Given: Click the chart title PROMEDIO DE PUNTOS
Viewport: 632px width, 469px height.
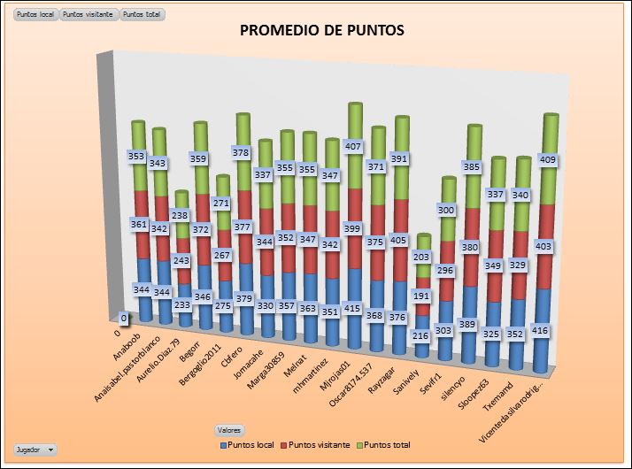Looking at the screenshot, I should coord(322,31).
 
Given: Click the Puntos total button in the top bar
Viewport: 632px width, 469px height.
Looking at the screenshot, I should coord(142,16).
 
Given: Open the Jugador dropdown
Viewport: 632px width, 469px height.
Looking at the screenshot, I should coord(35,450).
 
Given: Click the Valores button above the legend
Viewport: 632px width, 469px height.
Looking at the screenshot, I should coord(229,429).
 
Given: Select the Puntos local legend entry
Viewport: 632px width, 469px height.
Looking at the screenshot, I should coord(248,444).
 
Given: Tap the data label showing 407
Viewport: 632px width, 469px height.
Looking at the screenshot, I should coord(354,146).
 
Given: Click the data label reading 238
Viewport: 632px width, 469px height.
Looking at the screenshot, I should coord(180,215).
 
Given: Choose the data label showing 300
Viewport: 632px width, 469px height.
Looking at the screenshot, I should coord(449,210).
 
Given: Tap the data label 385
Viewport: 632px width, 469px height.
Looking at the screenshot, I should coord(474,166).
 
